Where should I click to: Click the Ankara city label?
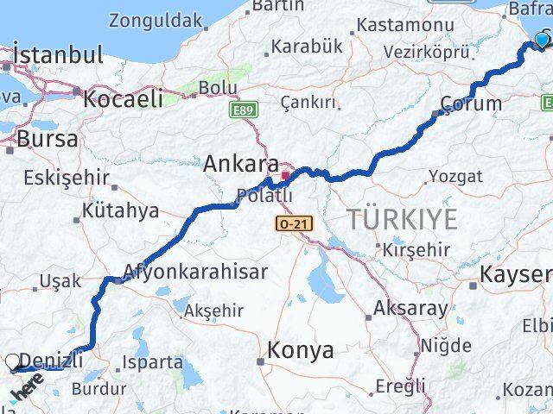tap(241, 164)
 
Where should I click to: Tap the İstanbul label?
tap(57, 55)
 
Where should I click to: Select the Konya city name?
tap(300, 350)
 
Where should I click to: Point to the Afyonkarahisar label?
tap(197, 271)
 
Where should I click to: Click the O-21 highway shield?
tap(289, 224)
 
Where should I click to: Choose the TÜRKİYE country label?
tap(403, 219)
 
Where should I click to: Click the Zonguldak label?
tap(156, 19)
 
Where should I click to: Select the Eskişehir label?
tap(67, 179)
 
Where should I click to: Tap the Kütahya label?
tap(121, 210)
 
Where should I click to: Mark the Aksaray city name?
tap(411, 308)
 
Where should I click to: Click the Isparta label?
tap(154, 362)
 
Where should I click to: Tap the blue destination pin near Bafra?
tap(543, 39)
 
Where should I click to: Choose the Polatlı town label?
tap(264, 196)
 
